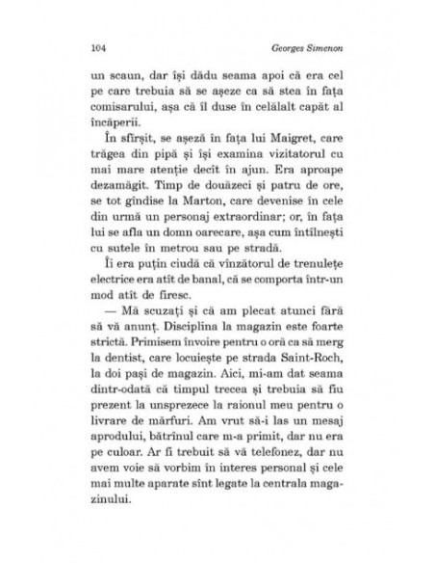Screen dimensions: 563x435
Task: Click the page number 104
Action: tap(94, 47)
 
